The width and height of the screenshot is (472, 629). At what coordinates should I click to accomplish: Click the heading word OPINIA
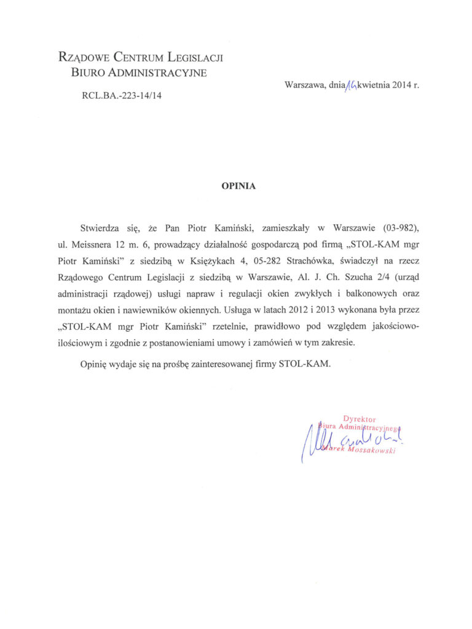point(236,184)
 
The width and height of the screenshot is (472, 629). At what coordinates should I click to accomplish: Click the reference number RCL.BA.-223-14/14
point(118,95)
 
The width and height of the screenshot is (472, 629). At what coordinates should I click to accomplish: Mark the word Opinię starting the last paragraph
point(95,364)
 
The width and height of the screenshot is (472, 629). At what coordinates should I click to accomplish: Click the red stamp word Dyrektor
point(360,419)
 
